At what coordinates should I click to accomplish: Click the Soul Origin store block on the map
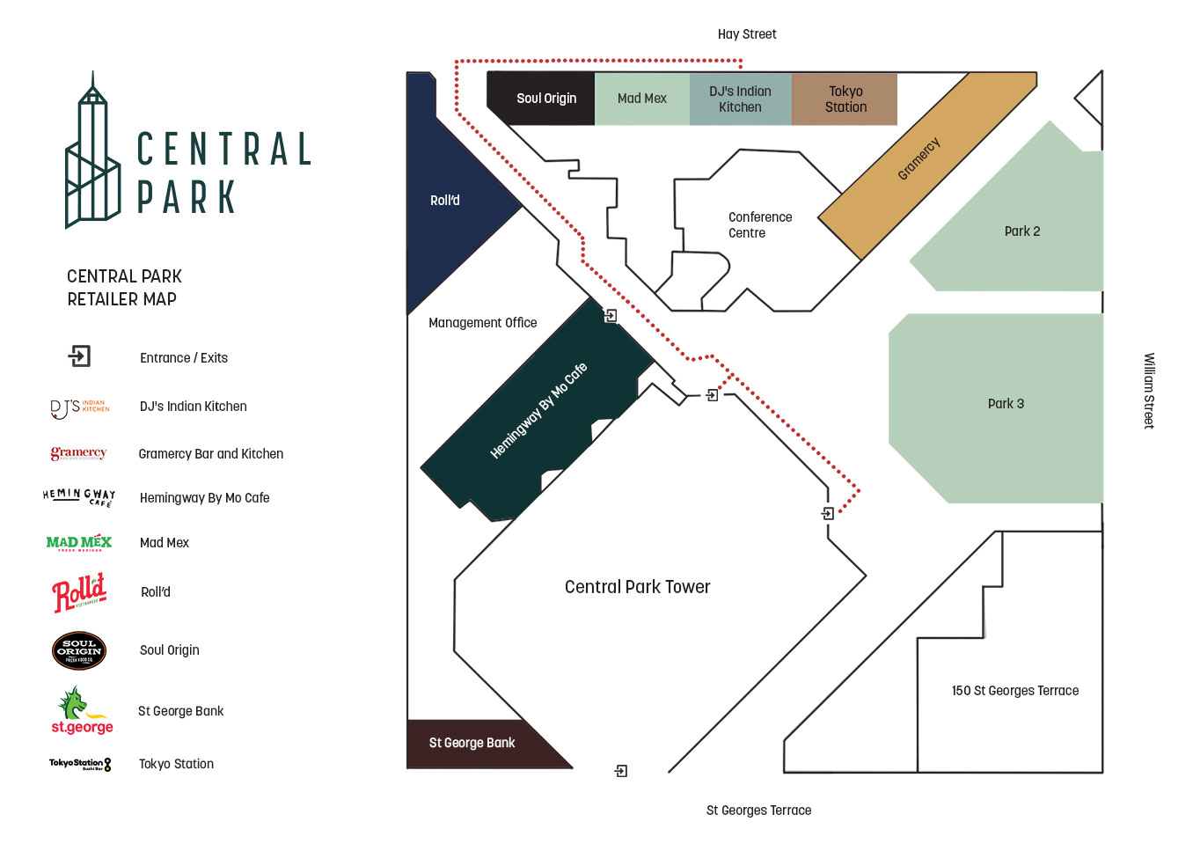[541, 99]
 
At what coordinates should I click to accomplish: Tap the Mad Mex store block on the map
[642, 99]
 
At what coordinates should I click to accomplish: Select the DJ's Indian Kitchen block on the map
[740, 99]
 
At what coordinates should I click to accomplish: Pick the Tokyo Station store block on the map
[845, 99]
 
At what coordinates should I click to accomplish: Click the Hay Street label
[747, 34]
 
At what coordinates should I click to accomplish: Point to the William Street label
[1149, 391]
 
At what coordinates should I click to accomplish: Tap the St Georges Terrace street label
[758, 811]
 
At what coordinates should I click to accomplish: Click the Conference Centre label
[759, 224]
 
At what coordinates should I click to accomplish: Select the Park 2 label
[1021, 231]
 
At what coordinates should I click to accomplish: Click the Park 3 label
[1006, 404]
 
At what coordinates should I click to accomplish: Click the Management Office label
[482, 323]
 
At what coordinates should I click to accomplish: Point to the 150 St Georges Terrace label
[1014, 691]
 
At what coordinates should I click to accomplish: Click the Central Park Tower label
[637, 587]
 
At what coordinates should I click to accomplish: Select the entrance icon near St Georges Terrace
[621, 771]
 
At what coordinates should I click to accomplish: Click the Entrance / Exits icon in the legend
[80, 356]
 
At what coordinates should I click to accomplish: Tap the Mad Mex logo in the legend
[79, 543]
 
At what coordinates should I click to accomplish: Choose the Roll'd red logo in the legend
[79, 592]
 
